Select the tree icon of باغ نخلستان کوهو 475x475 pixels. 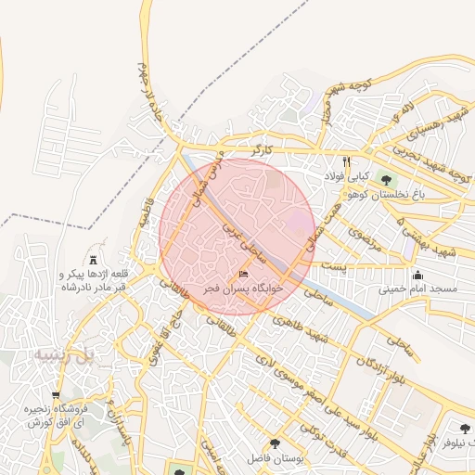(x=386, y=179)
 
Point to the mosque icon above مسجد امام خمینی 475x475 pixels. (x=418, y=275)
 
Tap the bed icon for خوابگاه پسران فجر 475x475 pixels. (x=244, y=274)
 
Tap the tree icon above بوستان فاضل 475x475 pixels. (x=275, y=444)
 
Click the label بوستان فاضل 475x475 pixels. (x=270, y=459)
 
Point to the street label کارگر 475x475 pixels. (x=267, y=148)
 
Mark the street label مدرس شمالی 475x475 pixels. (x=203, y=180)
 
